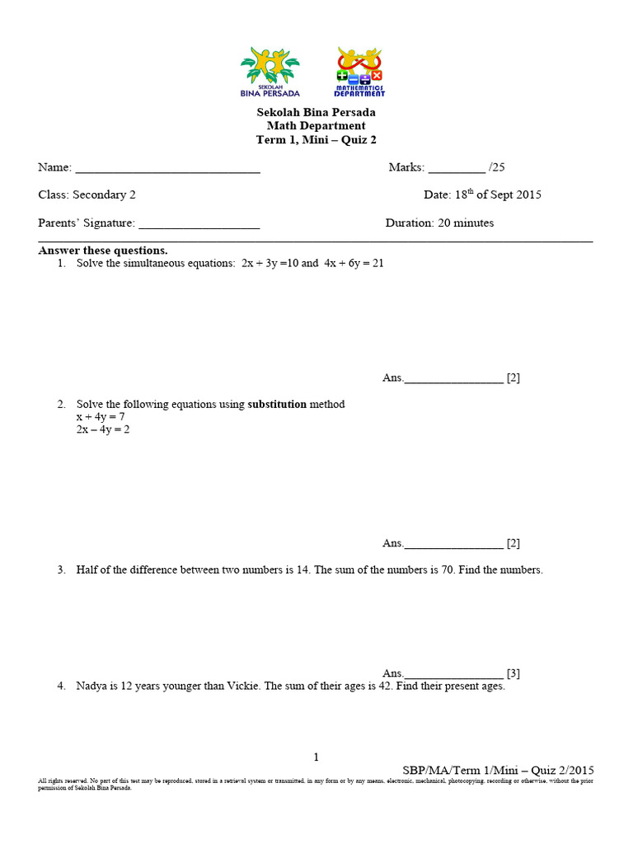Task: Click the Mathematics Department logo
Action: pyautogui.click(x=359, y=72)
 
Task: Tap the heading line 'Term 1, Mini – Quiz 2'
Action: pyautogui.click(x=316, y=140)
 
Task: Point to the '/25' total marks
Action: pyautogui.click(x=497, y=167)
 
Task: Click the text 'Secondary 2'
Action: pyautogui.click(x=104, y=195)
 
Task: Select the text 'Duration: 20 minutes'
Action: pyautogui.click(x=439, y=223)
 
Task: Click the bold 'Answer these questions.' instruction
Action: pyautogui.click(x=103, y=251)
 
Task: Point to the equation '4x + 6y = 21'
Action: pyautogui.click(x=354, y=264)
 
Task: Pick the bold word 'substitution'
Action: pyautogui.click(x=277, y=404)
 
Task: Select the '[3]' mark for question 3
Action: pyautogui.click(x=513, y=673)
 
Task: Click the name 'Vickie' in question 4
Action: pyautogui.click(x=240, y=686)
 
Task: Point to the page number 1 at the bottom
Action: pyautogui.click(x=316, y=757)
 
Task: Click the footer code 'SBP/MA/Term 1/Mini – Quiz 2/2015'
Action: pyautogui.click(x=498, y=770)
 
